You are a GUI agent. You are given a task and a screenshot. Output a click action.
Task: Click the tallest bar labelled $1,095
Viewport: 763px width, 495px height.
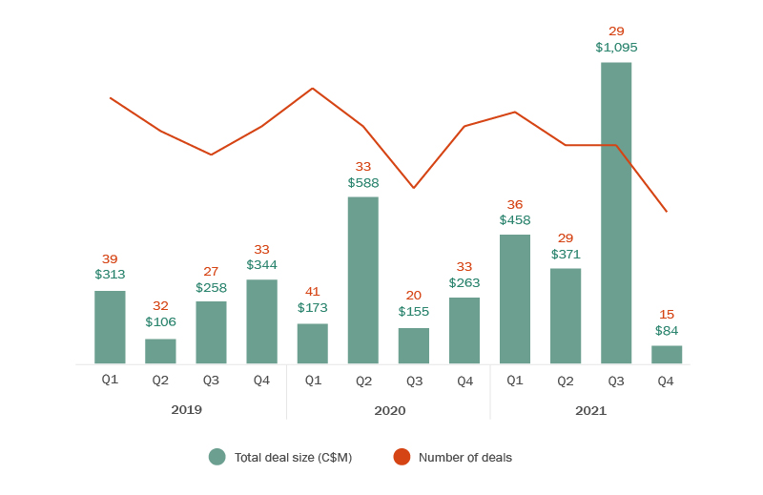tap(616, 213)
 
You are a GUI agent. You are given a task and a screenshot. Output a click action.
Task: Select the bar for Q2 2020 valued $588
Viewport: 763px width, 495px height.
tap(363, 280)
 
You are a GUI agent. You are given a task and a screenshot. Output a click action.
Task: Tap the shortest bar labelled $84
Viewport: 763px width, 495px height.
tap(667, 355)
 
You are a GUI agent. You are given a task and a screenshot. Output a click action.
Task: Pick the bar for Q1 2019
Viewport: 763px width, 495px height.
tap(110, 327)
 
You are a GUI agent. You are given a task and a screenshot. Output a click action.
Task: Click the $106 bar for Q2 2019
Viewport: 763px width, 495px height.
tap(160, 351)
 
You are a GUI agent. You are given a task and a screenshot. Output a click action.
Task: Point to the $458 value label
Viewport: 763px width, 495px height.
tap(515, 220)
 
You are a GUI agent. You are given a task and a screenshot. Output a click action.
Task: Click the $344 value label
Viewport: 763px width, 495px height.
tap(261, 265)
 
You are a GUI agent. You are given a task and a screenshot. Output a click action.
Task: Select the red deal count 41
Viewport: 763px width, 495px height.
tap(313, 292)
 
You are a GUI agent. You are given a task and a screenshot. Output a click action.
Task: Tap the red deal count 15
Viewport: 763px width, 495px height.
tap(667, 315)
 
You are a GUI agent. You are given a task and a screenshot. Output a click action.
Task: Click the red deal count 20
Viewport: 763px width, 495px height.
tap(414, 296)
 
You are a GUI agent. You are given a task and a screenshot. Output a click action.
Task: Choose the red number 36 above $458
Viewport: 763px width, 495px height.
tap(515, 205)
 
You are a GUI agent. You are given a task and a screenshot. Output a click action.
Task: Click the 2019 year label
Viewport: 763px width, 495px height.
tap(186, 410)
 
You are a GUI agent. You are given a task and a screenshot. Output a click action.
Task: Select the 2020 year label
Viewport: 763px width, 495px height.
tap(389, 410)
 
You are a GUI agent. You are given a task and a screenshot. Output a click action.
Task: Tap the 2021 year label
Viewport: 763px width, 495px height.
tap(590, 410)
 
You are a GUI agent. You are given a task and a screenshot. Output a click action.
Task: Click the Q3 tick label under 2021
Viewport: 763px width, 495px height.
tap(616, 381)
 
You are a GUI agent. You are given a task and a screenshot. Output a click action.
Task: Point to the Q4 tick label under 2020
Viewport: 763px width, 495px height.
tap(464, 381)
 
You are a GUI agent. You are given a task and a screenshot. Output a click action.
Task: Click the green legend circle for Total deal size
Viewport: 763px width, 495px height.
tap(217, 457)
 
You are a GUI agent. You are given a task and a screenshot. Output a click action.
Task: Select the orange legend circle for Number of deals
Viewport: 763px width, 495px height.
tap(402, 457)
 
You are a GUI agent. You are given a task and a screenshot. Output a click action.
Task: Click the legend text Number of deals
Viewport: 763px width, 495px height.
tap(464, 458)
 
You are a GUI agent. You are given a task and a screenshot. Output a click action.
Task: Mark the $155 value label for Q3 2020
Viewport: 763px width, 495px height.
tap(414, 311)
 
